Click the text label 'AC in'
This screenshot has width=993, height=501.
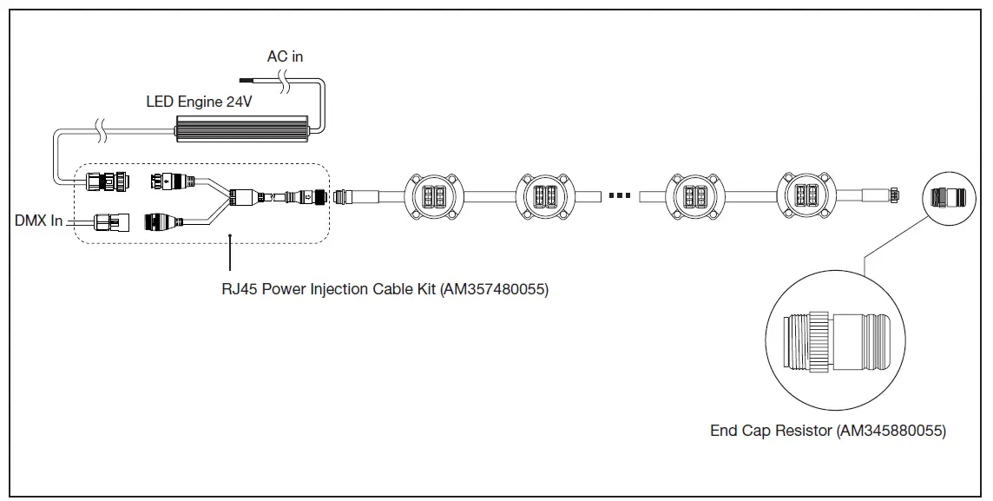[285, 56]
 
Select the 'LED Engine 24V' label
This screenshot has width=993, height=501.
[199, 102]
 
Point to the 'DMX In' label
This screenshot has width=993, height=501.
[38, 221]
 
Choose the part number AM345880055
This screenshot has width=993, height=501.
[892, 431]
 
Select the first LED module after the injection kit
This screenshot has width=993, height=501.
[431, 196]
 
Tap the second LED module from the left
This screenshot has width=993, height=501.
[547, 196]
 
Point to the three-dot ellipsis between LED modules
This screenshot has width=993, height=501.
[619, 196]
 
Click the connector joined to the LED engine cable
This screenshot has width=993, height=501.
[103, 182]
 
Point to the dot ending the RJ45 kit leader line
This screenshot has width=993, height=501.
[229, 234]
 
